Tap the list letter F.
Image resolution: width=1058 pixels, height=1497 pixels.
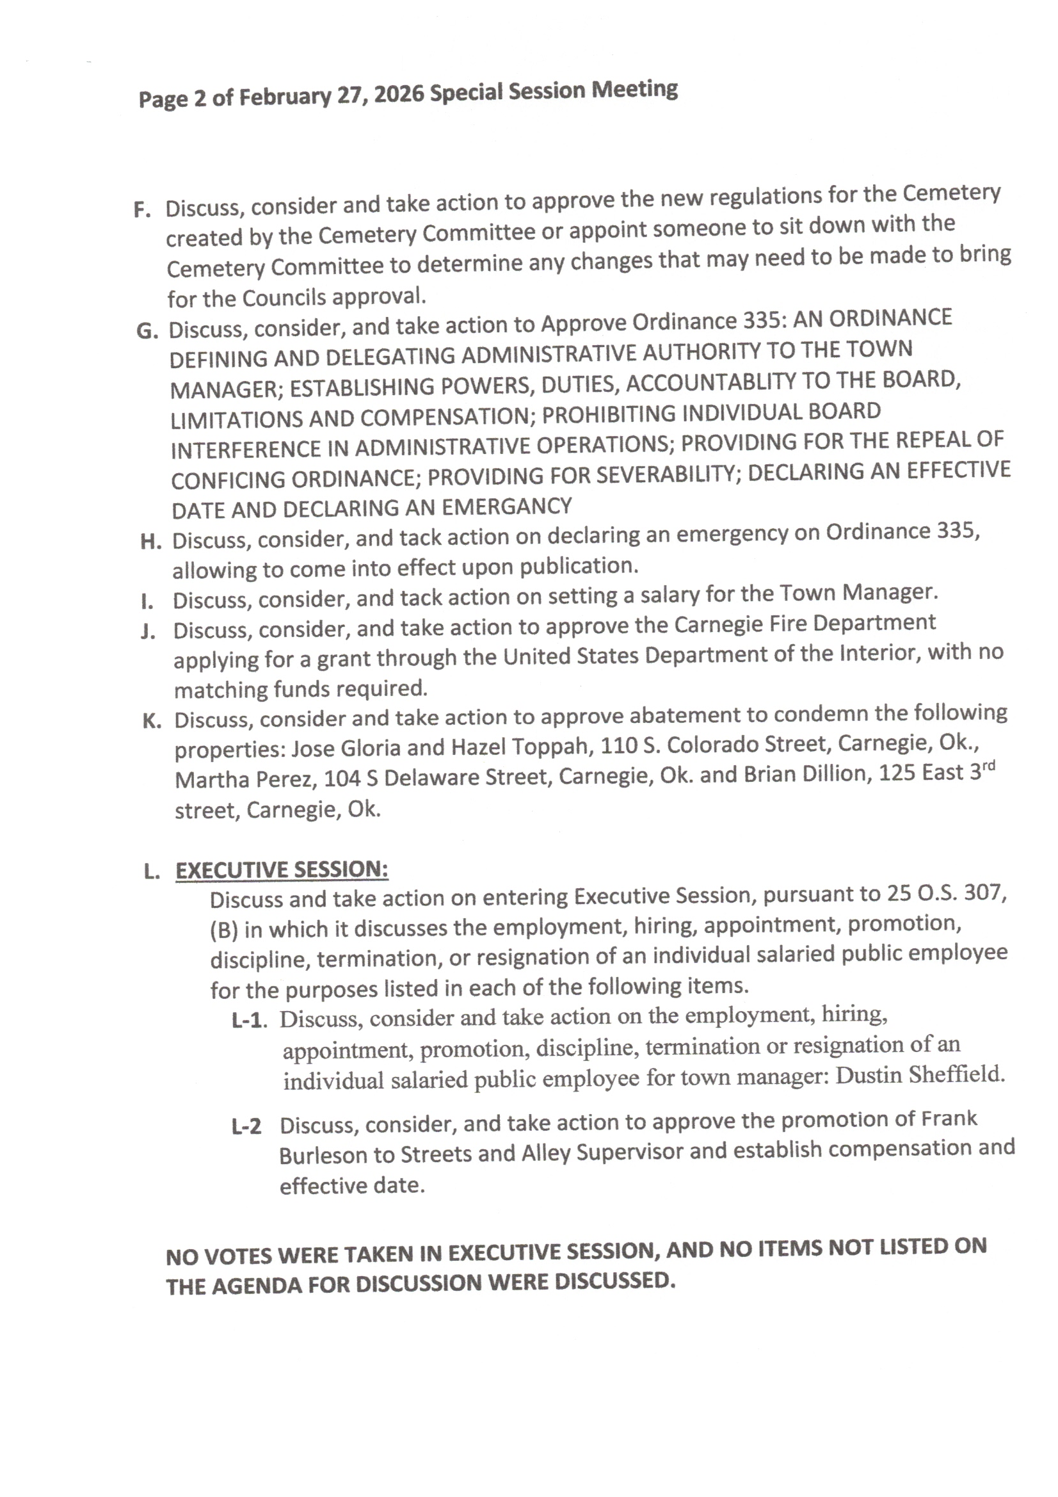(x=142, y=210)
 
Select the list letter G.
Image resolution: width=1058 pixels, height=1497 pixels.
(x=147, y=331)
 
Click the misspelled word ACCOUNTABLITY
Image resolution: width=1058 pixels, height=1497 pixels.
(x=711, y=383)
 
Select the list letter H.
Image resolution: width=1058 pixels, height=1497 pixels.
(x=150, y=542)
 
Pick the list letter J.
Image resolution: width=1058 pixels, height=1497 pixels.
(x=148, y=632)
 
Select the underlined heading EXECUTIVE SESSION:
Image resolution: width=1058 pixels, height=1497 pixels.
(x=282, y=870)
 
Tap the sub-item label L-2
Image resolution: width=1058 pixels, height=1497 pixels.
(x=246, y=1126)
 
